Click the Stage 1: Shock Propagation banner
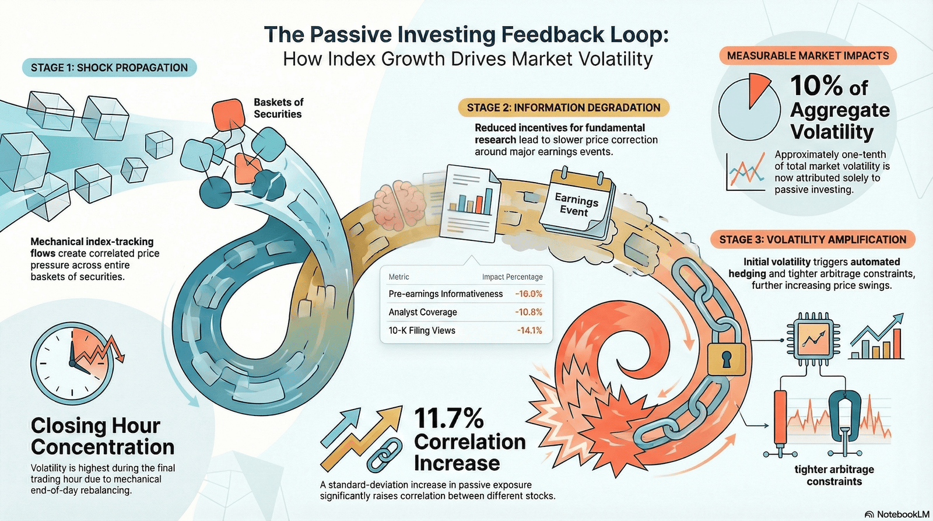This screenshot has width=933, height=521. coord(109,68)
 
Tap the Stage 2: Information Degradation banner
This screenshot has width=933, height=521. coord(563,107)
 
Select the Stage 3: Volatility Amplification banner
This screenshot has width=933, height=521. coord(813,240)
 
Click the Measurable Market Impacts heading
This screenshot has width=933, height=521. coord(808,55)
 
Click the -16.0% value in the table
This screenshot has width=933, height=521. coord(528,294)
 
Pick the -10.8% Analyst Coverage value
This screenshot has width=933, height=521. coord(528,312)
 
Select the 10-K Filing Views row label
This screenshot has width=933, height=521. coord(422,331)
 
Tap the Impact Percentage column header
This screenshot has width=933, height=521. coord(513,277)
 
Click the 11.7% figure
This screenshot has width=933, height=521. coord(449,418)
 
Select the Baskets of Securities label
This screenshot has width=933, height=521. coord(278,108)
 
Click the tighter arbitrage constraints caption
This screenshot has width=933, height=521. coord(834,475)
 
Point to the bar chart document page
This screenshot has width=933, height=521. coord(470,204)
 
